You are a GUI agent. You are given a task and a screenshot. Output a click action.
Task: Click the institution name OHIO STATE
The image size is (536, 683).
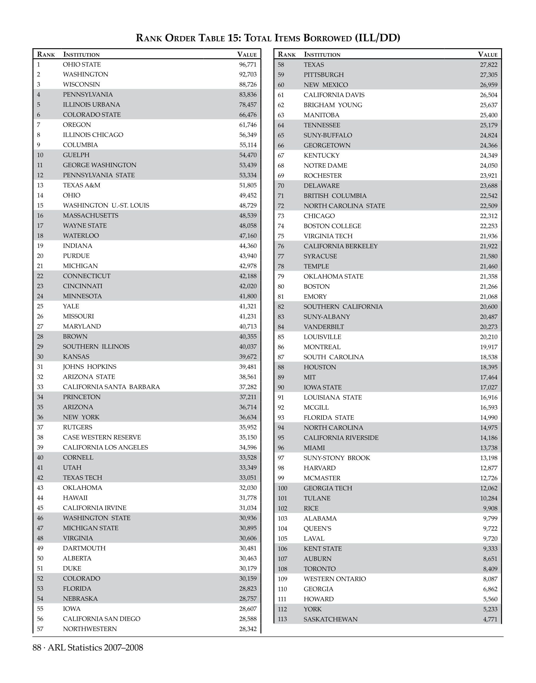tap(82, 65)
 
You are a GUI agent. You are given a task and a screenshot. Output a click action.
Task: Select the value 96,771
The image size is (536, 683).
tap(248, 65)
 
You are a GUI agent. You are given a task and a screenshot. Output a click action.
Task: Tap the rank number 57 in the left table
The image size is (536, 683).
tap(40, 629)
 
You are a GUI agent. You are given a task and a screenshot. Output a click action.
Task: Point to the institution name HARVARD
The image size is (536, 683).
tap(320, 468)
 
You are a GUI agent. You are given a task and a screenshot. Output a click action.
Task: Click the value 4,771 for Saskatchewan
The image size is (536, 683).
tap(490, 619)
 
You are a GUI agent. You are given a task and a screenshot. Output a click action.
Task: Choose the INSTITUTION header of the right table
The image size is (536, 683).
tap(322, 54)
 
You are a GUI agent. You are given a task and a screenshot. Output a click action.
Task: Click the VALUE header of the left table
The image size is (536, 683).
tap(247, 54)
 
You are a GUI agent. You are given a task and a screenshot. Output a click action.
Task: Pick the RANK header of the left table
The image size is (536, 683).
tap(46, 54)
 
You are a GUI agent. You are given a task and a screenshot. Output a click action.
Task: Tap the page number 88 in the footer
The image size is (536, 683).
tap(37, 647)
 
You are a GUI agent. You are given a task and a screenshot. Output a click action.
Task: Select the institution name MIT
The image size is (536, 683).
tap(310, 377)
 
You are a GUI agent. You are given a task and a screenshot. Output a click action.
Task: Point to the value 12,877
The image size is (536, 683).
tap(489, 468)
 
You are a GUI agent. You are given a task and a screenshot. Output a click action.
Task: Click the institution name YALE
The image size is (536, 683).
tap(71, 306)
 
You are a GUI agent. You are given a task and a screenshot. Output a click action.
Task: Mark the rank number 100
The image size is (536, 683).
tap(282, 488)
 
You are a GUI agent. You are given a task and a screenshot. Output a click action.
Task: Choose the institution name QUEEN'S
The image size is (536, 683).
tap(317, 529)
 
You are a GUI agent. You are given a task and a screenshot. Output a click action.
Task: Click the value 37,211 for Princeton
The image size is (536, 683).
tap(248, 397)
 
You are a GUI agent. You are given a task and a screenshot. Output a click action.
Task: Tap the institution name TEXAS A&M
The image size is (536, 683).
tap(82, 185)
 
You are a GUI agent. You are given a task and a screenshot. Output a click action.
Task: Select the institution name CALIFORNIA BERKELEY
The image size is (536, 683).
tap(341, 246)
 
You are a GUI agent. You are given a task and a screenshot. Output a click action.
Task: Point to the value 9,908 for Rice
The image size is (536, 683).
tap(490, 508)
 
